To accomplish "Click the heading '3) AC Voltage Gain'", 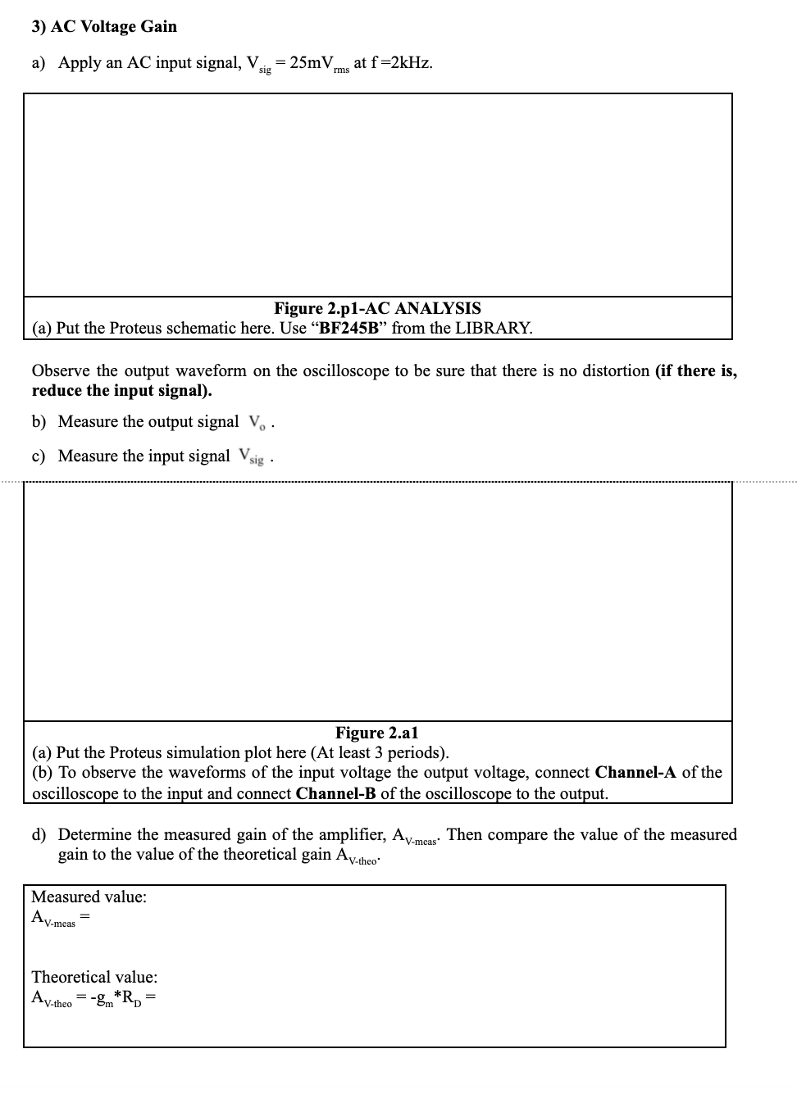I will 104,26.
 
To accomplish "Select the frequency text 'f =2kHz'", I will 402,63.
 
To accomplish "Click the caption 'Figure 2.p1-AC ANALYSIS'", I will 377,308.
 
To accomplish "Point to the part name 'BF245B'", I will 351,328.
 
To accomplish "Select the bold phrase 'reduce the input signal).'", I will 121,390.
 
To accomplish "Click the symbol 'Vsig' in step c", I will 251,456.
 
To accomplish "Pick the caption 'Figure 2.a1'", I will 376,733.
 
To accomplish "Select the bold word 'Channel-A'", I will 636,772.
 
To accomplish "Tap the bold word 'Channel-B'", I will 336,793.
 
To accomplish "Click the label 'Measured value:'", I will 89,897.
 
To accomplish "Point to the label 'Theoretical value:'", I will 94,977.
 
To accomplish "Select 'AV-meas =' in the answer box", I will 59,919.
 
